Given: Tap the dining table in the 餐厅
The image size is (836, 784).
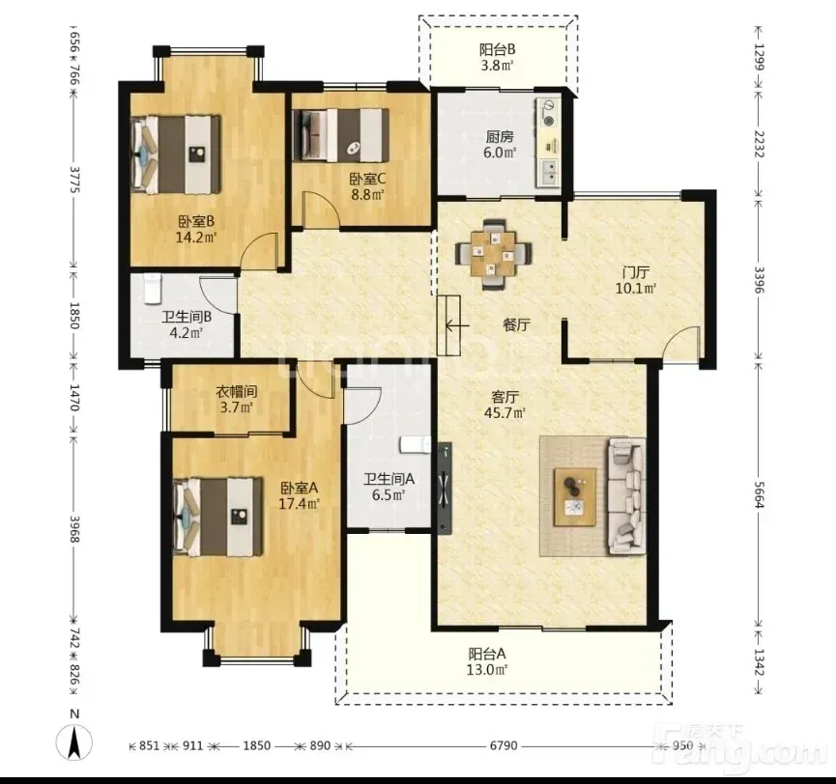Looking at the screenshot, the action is point(493,255).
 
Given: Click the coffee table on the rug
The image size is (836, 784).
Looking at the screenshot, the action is point(575,496).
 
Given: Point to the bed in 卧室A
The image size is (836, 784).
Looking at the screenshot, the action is point(218,517).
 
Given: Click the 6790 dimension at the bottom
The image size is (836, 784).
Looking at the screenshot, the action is point(504,745).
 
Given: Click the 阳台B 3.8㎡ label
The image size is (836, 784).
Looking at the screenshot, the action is point(497,58).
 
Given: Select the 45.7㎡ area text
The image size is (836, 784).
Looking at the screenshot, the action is point(505,412).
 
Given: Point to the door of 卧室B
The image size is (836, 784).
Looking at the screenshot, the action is point(259,250).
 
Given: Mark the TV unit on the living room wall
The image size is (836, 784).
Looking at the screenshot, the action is point(445,488).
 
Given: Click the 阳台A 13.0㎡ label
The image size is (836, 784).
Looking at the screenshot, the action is point(487,661).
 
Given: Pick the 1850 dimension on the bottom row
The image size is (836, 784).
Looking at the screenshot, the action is point(256,745).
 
